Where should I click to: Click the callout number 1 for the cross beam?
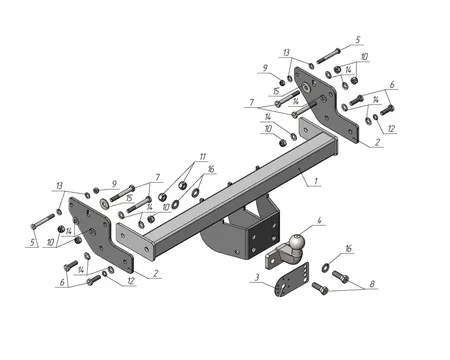coord(316,181)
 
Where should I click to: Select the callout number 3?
coord(257,277)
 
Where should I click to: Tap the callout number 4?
coord(319,220)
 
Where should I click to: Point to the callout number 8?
coord(372,284)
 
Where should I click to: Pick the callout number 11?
coord(203,157)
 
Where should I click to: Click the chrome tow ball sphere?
coord(296,243)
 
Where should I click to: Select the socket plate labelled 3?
coord(291,279)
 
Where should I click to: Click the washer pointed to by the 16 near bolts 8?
coord(325,267)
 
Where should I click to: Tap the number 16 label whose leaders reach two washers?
coord(211,169)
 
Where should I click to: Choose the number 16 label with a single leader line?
coord(348,249)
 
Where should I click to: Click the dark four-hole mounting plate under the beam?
coord(263,236)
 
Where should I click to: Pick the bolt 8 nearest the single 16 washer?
coord(341,276)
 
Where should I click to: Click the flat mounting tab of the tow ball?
coord(273,258)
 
